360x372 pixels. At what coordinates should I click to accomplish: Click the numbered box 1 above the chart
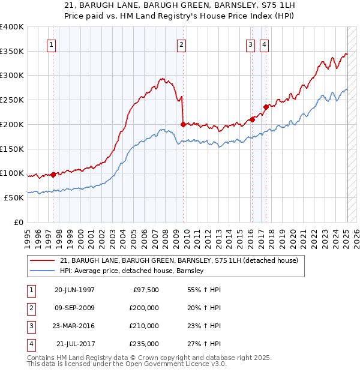pos(51,44)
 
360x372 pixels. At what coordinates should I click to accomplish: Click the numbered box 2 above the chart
pos(181,44)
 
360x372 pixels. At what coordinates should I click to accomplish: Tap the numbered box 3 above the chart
pos(250,44)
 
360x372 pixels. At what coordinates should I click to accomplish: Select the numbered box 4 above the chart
pos(264,44)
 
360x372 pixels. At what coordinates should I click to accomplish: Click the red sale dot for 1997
pos(53,175)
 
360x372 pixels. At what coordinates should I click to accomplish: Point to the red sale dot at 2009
pos(183,124)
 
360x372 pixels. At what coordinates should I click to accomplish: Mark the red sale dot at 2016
pos(253,119)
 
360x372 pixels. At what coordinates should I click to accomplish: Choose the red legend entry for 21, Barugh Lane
pos(174,261)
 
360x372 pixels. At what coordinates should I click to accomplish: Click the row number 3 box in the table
pos(30,326)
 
